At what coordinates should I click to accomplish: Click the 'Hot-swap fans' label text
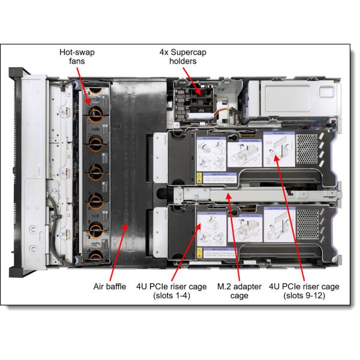(76, 58)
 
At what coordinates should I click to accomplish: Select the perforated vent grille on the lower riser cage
(307, 224)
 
